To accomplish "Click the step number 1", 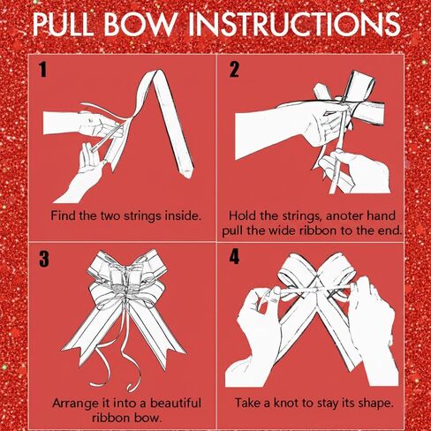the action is click(43, 70).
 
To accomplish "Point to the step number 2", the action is click(234, 70).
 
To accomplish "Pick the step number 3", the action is click(44, 259).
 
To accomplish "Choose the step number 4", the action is click(234, 257).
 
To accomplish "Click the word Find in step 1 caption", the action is click(64, 215).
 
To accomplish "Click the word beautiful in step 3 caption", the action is click(176, 403).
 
